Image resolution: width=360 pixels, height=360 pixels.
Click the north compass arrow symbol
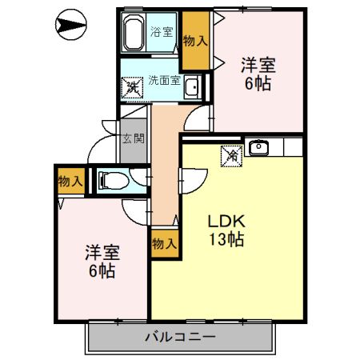[x=70, y=25]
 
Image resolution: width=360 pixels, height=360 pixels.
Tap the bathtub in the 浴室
[x=133, y=32]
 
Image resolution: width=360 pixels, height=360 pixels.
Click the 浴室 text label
[x=162, y=32]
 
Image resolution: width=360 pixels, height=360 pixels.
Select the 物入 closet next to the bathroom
[x=195, y=41]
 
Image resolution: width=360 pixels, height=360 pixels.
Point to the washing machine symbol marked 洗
[x=132, y=88]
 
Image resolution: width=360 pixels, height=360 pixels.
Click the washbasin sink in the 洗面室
[x=192, y=87]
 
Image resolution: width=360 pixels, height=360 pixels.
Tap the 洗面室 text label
[x=165, y=80]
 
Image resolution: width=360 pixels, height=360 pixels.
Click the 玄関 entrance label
[x=134, y=138]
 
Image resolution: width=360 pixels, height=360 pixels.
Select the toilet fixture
[x=113, y=181]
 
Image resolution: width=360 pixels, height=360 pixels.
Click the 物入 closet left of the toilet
[x=71, y=181]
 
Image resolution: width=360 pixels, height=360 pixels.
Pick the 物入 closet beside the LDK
[x=165, y=243]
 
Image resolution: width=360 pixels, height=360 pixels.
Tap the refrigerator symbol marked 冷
[x=231, y=156]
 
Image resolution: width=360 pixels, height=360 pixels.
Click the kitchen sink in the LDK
[x=258, y=147]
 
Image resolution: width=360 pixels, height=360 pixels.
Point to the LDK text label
[x=226, y=221]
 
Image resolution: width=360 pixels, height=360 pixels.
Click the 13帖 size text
[x=226, y=239]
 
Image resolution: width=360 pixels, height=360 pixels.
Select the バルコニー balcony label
[x=180, y=337]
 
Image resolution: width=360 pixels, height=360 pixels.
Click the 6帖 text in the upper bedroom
[x=258, y=83]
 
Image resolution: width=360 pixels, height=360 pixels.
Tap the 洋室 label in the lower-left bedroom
[x=102, y=253]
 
